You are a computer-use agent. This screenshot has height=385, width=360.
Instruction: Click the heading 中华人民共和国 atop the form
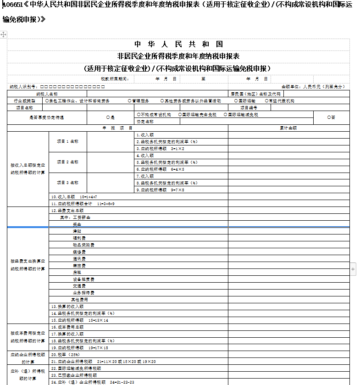point(178,45)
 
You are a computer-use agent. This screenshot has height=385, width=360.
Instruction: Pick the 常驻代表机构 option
point(280,101)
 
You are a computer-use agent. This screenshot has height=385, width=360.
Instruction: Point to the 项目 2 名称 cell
point(67,162)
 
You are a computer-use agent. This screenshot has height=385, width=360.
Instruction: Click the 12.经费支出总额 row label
point(71,211)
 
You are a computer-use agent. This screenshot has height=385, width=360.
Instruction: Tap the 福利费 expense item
point(79,238)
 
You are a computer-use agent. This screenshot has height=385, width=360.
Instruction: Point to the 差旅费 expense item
point(79,266)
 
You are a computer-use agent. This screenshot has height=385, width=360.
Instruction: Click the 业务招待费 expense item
point(83,293)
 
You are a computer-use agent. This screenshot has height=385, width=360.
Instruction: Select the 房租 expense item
point(77,273)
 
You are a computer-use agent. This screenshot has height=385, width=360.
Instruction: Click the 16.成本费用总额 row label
point(67,327)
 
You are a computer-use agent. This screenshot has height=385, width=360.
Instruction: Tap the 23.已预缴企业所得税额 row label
point(73,375)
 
